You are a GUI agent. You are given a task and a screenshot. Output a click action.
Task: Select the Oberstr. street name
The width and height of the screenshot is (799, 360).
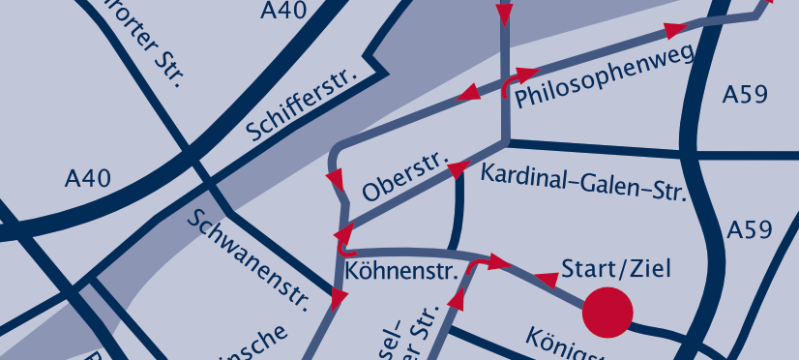401,175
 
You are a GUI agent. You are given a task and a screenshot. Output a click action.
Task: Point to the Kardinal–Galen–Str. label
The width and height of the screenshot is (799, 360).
583,181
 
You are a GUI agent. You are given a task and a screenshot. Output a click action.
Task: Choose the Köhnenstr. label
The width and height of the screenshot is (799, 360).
400,271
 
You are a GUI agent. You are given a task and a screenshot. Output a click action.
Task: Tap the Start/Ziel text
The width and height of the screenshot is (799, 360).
616,268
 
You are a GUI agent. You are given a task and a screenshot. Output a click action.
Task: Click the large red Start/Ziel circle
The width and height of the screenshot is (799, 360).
607,313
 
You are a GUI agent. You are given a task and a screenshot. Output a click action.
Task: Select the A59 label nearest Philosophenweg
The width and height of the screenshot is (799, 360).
746,95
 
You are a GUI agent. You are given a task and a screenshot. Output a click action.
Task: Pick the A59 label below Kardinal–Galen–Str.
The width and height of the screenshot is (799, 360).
750,230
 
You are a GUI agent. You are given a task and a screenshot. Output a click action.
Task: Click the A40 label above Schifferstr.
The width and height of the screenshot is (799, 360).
284,11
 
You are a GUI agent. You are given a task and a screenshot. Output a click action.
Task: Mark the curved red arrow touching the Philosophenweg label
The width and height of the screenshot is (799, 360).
518,79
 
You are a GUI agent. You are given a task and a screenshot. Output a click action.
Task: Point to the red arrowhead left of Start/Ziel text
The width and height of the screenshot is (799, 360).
547,281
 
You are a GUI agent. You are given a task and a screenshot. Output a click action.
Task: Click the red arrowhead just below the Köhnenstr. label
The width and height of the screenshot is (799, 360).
339,301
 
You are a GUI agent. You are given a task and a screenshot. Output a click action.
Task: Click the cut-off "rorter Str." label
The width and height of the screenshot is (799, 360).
150,44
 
